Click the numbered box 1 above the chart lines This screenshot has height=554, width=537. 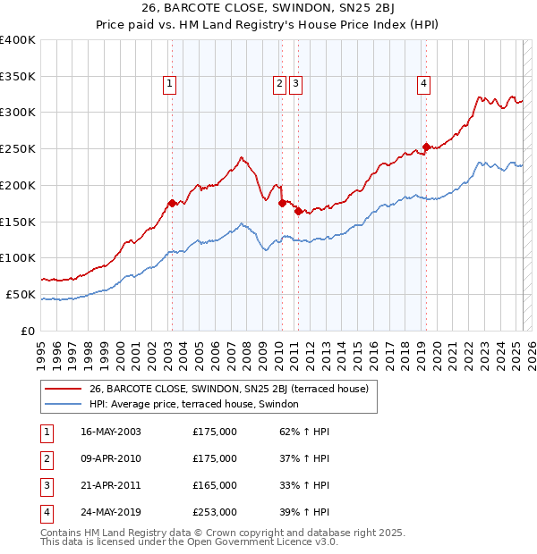pyautogui.click(x=169, y=85)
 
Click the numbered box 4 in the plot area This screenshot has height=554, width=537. pyautogui.click(x=422, y=85)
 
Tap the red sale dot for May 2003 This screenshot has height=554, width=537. pyautogui.click(x=172, y=203)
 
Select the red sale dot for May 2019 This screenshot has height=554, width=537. pyautogui.click(x=426, y=146)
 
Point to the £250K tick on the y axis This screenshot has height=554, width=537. pyautogui.click(x=18, y=148)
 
